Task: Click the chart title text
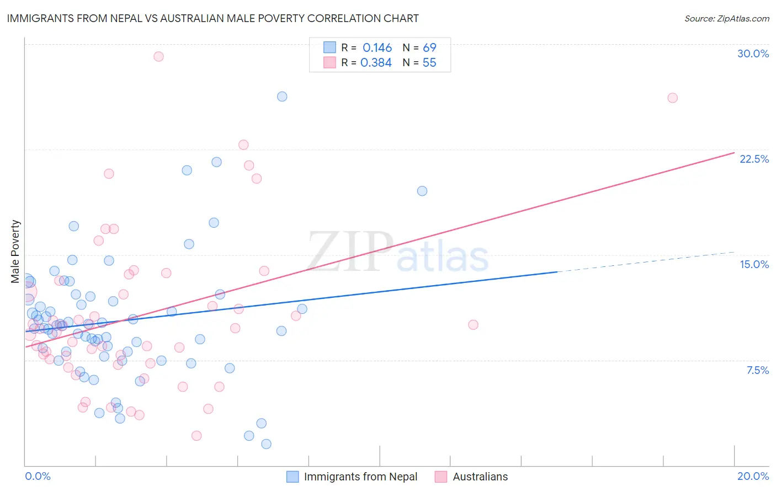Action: click(x=212, y=18)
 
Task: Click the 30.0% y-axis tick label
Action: click(x=753, y=54)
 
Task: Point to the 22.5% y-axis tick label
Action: click(x=754, y=159)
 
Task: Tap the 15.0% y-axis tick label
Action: click(x=754, y=264)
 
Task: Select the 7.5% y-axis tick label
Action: click(x=757, y=370)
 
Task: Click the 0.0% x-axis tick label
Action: click(x=38, y=476)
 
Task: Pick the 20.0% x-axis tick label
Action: click(x=753, y=476)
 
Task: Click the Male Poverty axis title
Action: click(x=15, y=252)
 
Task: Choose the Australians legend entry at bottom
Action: click(x=480, y=477)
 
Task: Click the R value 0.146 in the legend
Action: click(x=377, y=48)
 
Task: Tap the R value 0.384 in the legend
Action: click(x=376, y=63)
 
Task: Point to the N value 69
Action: click(x=429, y=48)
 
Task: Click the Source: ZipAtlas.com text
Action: click(x=726, y=18)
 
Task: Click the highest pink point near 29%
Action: click(x=158, y=56)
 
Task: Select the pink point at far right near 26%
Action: click(x=672, y=98)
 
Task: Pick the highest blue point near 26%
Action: click(x=282, y=97)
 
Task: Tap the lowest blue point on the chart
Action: click(x=266, y=444)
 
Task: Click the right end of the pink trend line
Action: click(x=734, y=152)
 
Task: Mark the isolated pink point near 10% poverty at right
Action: click(x=473, y=325)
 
